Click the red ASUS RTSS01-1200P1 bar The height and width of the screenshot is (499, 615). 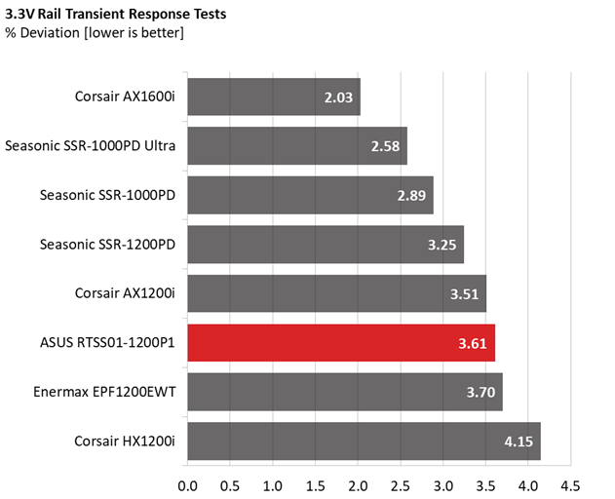click(341, 343)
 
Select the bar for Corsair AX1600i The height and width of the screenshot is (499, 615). click(274, 96)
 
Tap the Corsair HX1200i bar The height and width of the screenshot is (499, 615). click(364, 441)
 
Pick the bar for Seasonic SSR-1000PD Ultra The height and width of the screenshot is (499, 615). click(297, 146)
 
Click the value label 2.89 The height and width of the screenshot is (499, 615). click(411, 195)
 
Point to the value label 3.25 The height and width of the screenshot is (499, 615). click(442, 245)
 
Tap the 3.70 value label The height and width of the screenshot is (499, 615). click(480, 393)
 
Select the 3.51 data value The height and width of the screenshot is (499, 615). click(464, 294)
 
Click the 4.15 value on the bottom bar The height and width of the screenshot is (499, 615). click(519, 441)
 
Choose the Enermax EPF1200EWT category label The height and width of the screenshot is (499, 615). click(104, 392)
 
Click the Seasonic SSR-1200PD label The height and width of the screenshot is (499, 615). click(107, 245)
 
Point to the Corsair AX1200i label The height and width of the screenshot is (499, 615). click(125, 293)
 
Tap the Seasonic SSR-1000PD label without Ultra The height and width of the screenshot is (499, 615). click(107, 195)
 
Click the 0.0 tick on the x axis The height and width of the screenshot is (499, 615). click(187, 486)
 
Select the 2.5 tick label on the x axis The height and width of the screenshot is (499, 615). click(401, 486)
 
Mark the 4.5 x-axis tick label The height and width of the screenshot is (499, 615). click(571, 486)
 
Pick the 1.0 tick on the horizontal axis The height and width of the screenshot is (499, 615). click(273, 486)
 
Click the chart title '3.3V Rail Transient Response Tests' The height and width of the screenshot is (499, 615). click(116, 14)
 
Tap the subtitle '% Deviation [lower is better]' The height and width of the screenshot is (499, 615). click(95, 33)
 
